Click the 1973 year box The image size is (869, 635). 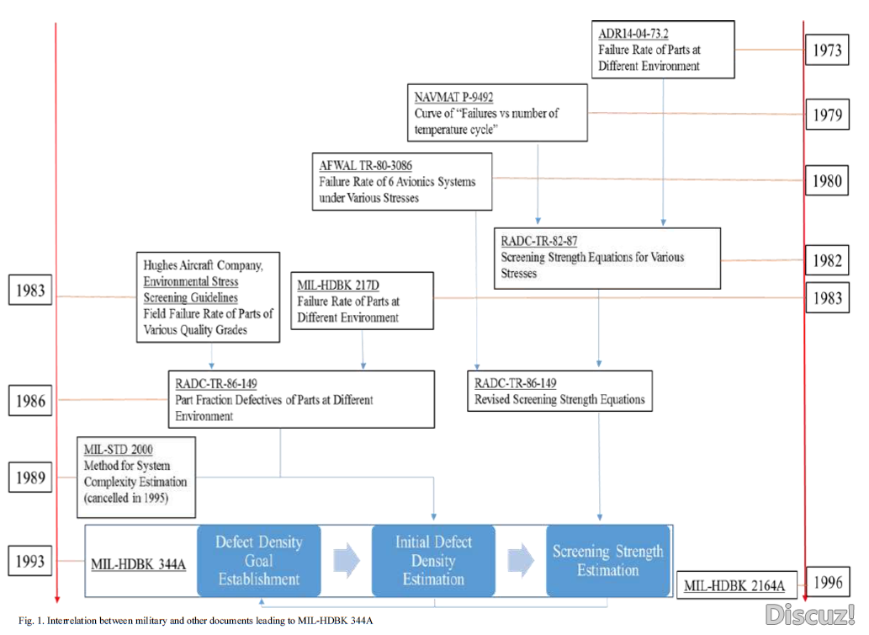tap(827, 51)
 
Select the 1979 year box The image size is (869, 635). tap(827, 115)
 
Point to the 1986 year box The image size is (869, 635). tap(30, 401)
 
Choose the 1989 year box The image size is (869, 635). tap(30, 478)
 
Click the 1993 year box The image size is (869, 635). tap(30, 561)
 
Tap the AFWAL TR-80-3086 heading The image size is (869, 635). tap(365, 165)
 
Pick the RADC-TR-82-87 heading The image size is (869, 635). tap(538, 242)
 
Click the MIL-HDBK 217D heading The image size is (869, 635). tap(337, 285)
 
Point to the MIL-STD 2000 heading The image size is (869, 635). tap(118, 449)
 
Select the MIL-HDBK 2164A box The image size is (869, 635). tap(734, 585)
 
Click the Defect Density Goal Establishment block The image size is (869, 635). tap(258, 561)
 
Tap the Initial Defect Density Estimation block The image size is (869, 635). tap(433, 561)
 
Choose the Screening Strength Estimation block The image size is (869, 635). tap(607, 561)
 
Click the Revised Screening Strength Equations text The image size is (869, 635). tap(559, 400)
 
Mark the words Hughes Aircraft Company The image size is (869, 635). tap(203, 265)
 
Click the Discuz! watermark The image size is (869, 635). tap(809, 614)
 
